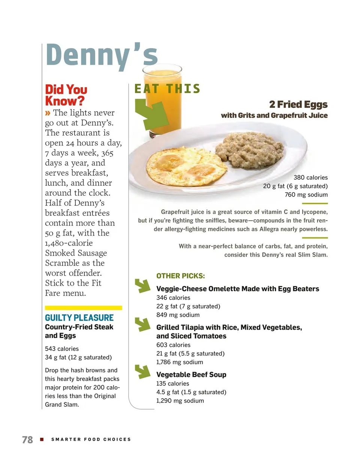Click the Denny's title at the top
pyautogui.click(x=102, y=56)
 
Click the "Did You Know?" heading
pyautogui.click(x=66, y=95)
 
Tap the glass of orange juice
pyautogui.click(x=162, y=94)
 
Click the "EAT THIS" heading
pyautogui.click(x=167, y=89)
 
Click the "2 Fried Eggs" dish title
pyautogui.click(x=298, y=104)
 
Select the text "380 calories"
pyautogui.click(x=310, y=178)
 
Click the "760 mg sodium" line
pyautogui.click(x=306, y=195)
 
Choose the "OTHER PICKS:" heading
pyautogui.click(x=180, y=276)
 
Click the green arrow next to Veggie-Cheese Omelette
pyautogui.click(x=142, y=286)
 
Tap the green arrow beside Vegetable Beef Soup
pyautogui.click(x=142, y=371)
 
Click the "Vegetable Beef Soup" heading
pyautogui.click(x=191, y=375)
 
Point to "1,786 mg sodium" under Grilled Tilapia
pyautogui.click(x=180, y=362)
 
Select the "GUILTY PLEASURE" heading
pyautogui.click(x=79, y=318)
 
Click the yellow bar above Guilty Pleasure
pyautogui.click(x=83, y=308)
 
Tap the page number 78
pyautogui.click(x=27, y=440)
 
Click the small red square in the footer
pyautogui.click(x=42, y=439)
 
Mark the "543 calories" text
pyautogui.click(x=62, y=349)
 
